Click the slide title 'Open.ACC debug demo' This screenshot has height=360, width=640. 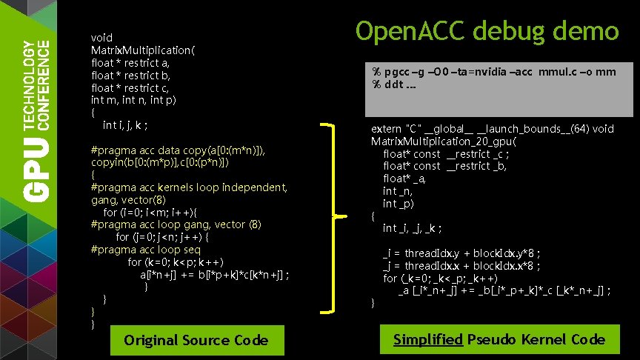(x=487, y=30)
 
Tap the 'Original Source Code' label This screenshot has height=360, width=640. (x=196, y=340)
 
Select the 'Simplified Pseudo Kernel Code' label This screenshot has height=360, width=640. (x=499, y=339)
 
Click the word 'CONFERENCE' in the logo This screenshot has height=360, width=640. (x=44, y=82)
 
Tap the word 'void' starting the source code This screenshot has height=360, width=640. (x=101, y=37)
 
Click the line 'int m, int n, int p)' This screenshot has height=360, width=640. (x=133, y=100)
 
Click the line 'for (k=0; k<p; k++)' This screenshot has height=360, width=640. (x=176, y=261)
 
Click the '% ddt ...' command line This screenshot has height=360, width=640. (x=393, y=84)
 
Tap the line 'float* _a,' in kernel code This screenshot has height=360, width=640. (x=404, y=179)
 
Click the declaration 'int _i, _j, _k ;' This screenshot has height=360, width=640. (x=413, y=228)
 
